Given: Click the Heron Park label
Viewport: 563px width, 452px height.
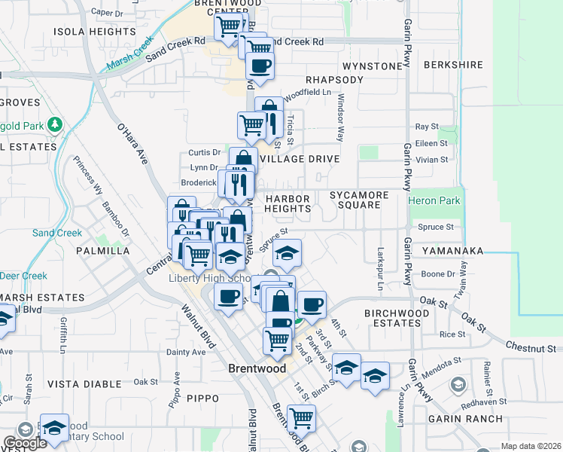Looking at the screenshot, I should (x=433, y=201).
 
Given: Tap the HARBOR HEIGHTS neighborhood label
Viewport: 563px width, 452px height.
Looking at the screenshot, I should (x=288, y=202).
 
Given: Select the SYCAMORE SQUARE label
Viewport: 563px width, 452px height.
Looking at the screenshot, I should (x=359, y=200).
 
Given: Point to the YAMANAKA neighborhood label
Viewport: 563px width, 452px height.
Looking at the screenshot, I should (x=452, y=249).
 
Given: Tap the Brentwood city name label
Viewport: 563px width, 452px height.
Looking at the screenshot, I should (x=257, y=369).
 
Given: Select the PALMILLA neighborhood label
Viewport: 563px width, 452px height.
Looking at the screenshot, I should (x=102, y=250).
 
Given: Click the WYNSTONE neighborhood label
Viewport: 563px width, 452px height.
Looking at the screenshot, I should (x=373, y=66).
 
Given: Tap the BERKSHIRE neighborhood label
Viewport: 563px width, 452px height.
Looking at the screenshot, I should (x=453, y=65).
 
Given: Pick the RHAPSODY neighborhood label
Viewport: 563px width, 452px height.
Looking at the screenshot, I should (x=335, y=80).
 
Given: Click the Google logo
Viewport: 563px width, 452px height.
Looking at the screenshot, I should (x=24, y=443).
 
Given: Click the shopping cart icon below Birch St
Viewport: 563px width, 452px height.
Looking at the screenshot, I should (x=301, y=417).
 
